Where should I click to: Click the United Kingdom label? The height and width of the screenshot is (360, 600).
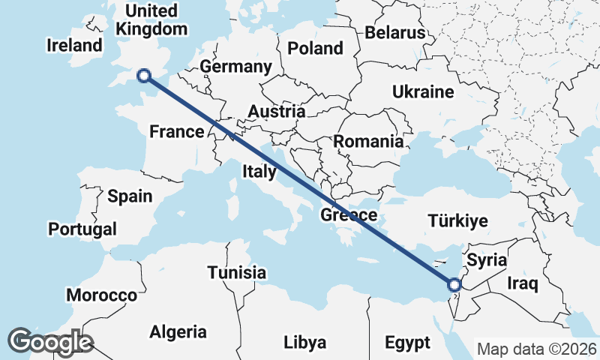coord(152,20)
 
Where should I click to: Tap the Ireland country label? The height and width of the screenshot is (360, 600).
coord(74,45)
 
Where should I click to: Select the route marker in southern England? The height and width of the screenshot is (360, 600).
coord(144,75)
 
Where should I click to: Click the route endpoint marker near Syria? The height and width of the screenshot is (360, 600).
coord(454,284)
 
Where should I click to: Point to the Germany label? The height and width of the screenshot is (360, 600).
coord(235,67)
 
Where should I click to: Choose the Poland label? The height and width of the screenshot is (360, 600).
coord(315,49)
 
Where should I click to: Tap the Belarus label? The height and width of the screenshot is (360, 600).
coord(395,33)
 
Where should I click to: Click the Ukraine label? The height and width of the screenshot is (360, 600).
coord(423,92)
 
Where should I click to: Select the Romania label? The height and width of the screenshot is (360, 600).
coord(368,141)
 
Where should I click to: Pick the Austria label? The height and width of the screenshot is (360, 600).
coord(276,112)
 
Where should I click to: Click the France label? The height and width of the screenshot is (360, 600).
coord(177,132)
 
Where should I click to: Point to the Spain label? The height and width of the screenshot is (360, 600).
coord(130,196)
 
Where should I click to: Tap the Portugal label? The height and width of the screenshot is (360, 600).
coord(82,229)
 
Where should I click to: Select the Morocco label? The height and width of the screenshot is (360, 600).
coord(102,295)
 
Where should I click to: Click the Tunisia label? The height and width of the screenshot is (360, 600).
coord(237,271)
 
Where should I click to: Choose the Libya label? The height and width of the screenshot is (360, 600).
coord(305,343)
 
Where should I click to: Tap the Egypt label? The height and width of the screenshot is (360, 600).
coord(408,343)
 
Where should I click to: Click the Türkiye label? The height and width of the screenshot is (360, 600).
coord(457,220)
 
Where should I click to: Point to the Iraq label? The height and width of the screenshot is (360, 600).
coord(523,283)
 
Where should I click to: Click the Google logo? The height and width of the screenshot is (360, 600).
coord(49,342)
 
